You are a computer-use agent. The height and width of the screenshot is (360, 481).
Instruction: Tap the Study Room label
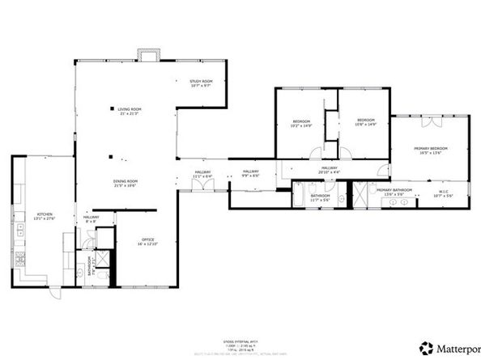click(201, 83)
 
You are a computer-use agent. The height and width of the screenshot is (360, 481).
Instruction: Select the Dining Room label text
click(126, 183)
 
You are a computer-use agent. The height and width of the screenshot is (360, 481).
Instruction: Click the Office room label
click(148, 241)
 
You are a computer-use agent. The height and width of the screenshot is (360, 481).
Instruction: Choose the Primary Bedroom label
click(431, 150)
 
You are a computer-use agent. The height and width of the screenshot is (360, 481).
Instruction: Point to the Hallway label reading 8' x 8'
click(91, 218)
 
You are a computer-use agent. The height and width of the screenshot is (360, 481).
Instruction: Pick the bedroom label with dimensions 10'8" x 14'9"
click(366, 124)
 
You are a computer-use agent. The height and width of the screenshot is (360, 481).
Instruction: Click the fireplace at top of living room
click(147, 56)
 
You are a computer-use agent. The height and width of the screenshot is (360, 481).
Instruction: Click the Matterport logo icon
click(425, 348)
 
